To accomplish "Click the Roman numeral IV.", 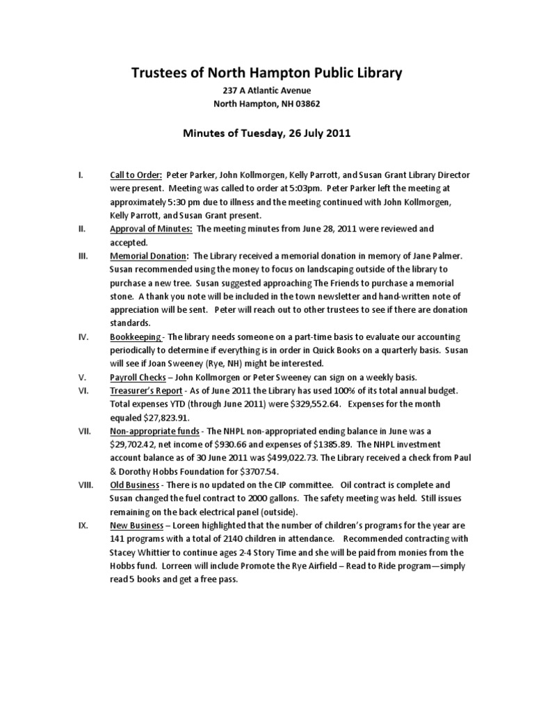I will (83, 336).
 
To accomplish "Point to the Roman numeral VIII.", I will (85, 484).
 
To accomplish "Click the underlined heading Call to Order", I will (136, 175).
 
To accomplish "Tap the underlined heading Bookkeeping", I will (136, 336).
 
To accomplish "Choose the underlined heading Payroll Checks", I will (138, 376).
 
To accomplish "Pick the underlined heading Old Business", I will (136, 484).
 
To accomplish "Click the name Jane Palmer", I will (436, 255).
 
